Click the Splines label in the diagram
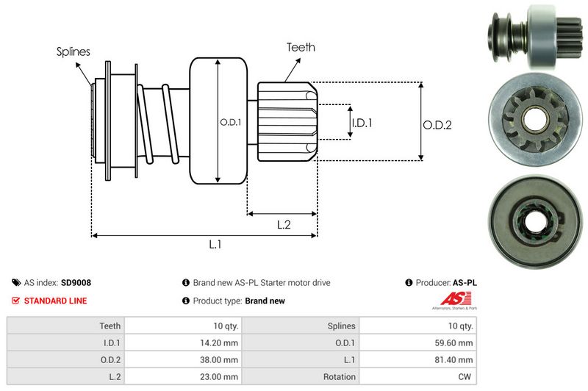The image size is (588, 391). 73,52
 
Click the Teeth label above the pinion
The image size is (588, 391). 301,47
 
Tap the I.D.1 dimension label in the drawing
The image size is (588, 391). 362,123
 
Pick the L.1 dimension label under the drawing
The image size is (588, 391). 215,245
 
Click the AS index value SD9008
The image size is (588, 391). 76,282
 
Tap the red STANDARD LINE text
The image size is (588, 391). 55,301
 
